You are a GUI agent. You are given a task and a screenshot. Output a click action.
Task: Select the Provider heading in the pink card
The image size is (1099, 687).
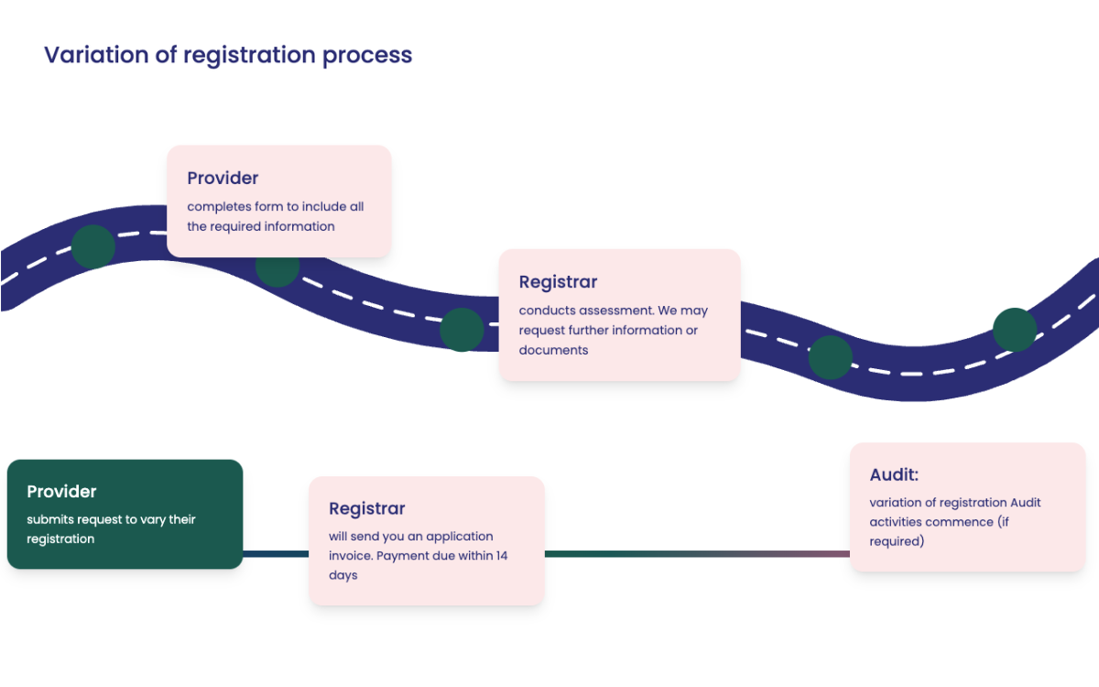pos(223,178)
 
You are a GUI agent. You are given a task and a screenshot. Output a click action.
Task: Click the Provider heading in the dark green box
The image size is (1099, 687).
pos(61,492)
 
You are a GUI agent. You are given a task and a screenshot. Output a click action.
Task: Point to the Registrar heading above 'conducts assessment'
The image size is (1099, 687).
pos(558,282)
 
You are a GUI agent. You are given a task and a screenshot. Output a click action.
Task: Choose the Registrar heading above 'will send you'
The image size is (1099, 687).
pos(366,508)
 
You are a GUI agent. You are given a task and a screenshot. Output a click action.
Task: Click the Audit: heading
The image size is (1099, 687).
pos(894,474)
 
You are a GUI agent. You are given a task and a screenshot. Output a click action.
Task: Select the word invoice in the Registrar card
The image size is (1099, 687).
pos(351,556)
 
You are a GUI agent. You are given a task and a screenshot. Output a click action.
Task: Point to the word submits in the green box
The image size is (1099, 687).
pos(50,519)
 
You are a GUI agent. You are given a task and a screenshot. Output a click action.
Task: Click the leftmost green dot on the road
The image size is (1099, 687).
pos(92,245)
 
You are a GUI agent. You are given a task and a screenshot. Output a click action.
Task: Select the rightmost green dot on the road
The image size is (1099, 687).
pos(1015,330)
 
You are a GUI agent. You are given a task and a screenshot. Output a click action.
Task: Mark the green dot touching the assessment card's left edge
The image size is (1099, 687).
pos(462,330)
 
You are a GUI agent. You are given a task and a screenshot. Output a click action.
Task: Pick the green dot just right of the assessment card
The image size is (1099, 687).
pos(830,357)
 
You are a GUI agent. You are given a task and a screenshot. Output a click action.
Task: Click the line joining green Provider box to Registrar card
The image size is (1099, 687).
pos(276,553)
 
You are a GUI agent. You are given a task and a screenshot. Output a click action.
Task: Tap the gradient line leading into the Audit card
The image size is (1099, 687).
pos(697,553)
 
